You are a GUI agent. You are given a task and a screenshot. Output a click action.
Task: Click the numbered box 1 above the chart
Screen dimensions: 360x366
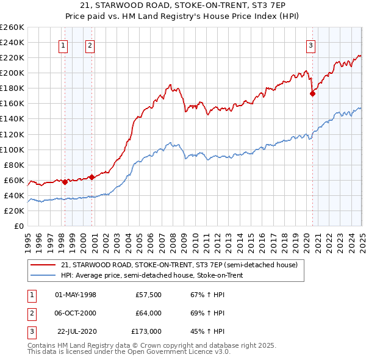pos(63,45)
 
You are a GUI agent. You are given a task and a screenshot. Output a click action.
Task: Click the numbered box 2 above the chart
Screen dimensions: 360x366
pos(90,45)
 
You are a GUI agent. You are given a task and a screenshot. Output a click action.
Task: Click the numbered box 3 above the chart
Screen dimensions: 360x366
pos(310,45)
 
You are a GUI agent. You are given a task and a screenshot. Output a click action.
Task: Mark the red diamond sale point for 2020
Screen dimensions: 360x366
pos(313,93)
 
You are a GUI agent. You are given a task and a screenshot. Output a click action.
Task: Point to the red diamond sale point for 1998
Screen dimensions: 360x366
pos(65,182)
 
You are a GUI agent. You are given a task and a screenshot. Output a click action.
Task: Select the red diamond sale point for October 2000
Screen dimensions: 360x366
pos(91,177)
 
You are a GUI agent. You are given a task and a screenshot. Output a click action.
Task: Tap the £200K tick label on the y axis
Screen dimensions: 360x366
pos(12,73)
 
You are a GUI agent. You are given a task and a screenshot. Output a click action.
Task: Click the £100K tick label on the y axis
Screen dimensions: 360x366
pos(12,149)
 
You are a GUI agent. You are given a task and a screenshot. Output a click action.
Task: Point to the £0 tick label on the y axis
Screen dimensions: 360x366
pos(19,226)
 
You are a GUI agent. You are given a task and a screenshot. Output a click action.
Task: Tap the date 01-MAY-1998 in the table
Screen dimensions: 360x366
pos(76,295)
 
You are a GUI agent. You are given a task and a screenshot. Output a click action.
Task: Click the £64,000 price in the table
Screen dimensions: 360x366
pos(149,313)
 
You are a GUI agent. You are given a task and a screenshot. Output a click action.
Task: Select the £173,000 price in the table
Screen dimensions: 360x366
pos(146,331)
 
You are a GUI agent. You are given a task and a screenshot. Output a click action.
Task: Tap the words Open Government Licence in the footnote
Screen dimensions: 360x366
pos(180,352)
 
